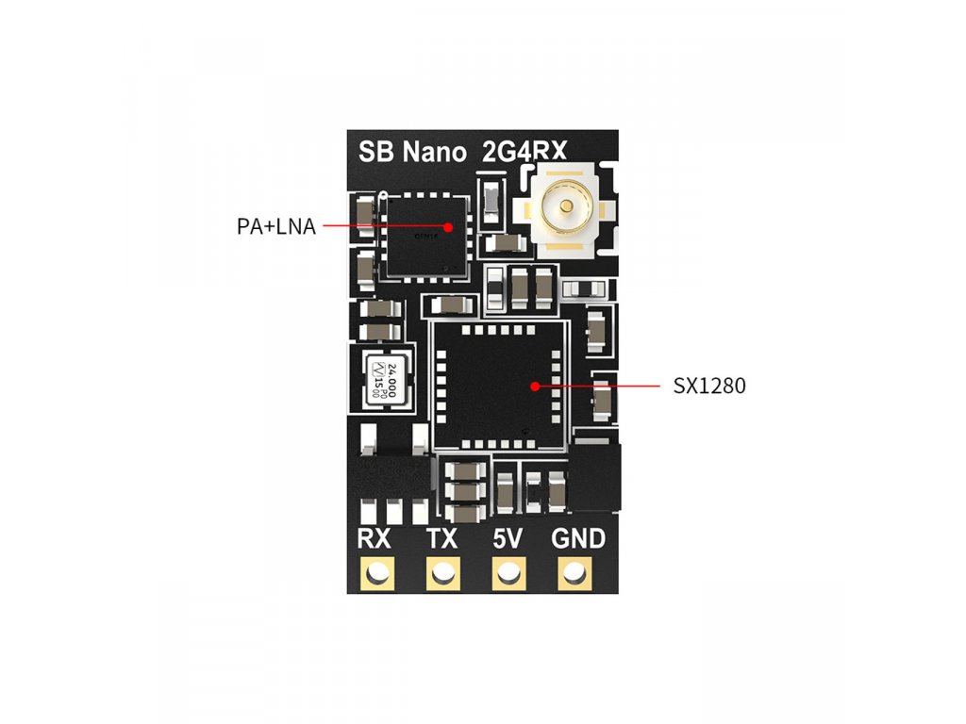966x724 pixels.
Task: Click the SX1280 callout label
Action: (709, 386)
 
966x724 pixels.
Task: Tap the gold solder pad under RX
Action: (379, 572)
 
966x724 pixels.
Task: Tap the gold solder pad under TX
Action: (443, 572)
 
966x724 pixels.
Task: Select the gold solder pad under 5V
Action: (508, 572)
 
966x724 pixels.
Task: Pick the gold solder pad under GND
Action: (573, 572)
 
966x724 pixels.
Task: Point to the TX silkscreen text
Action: (442, 540)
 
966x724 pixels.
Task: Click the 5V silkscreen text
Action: (508, 540)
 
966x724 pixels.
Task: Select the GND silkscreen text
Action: (577, 540)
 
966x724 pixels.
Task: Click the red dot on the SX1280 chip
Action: (535, 386)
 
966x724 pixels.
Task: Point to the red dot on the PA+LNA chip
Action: (448, 227)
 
